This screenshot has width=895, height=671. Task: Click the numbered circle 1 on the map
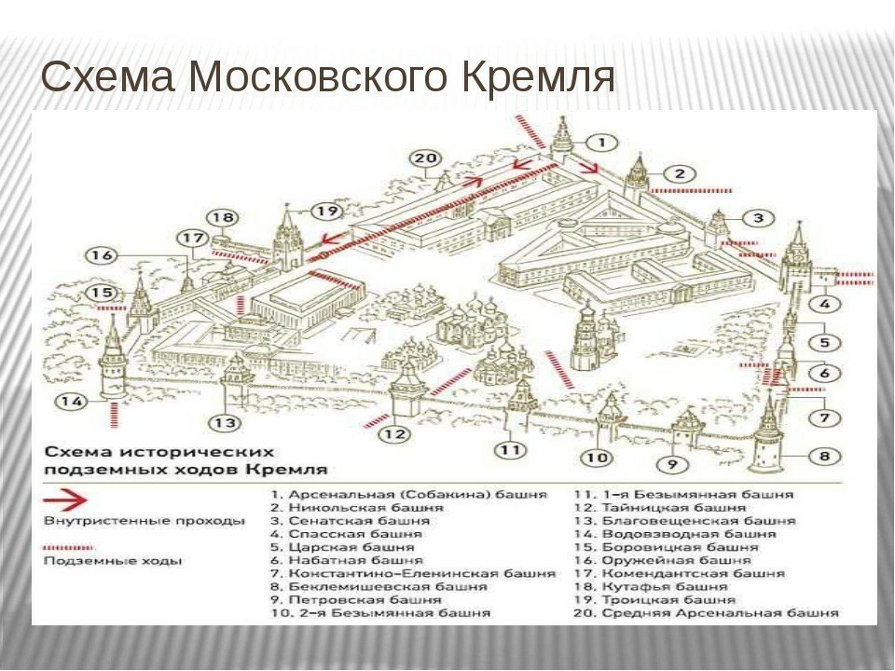[x=601, y=142]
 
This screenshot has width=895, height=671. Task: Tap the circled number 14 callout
[x=73, y=401]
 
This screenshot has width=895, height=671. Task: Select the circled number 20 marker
[x=426, y=158]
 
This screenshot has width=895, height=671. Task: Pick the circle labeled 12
[x=395, y=434]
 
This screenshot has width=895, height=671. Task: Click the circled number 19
[x=327, y=212]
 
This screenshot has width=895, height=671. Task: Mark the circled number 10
[x=597, y=457]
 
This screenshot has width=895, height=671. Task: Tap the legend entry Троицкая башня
[x=668, y=600]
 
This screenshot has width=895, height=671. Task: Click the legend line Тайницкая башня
[x=673, y=508]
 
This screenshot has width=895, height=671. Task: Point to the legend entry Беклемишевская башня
[x=388, y=586]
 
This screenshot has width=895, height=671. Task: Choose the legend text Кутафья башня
[x=665, y=586]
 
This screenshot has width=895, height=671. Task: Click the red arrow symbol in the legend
[x=65, y=500]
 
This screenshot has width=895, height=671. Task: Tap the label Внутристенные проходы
[x=145, y=521]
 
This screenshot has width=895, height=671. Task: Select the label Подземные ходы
[x=113, y=561]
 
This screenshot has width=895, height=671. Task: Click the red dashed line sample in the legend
[x=68, y=548]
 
